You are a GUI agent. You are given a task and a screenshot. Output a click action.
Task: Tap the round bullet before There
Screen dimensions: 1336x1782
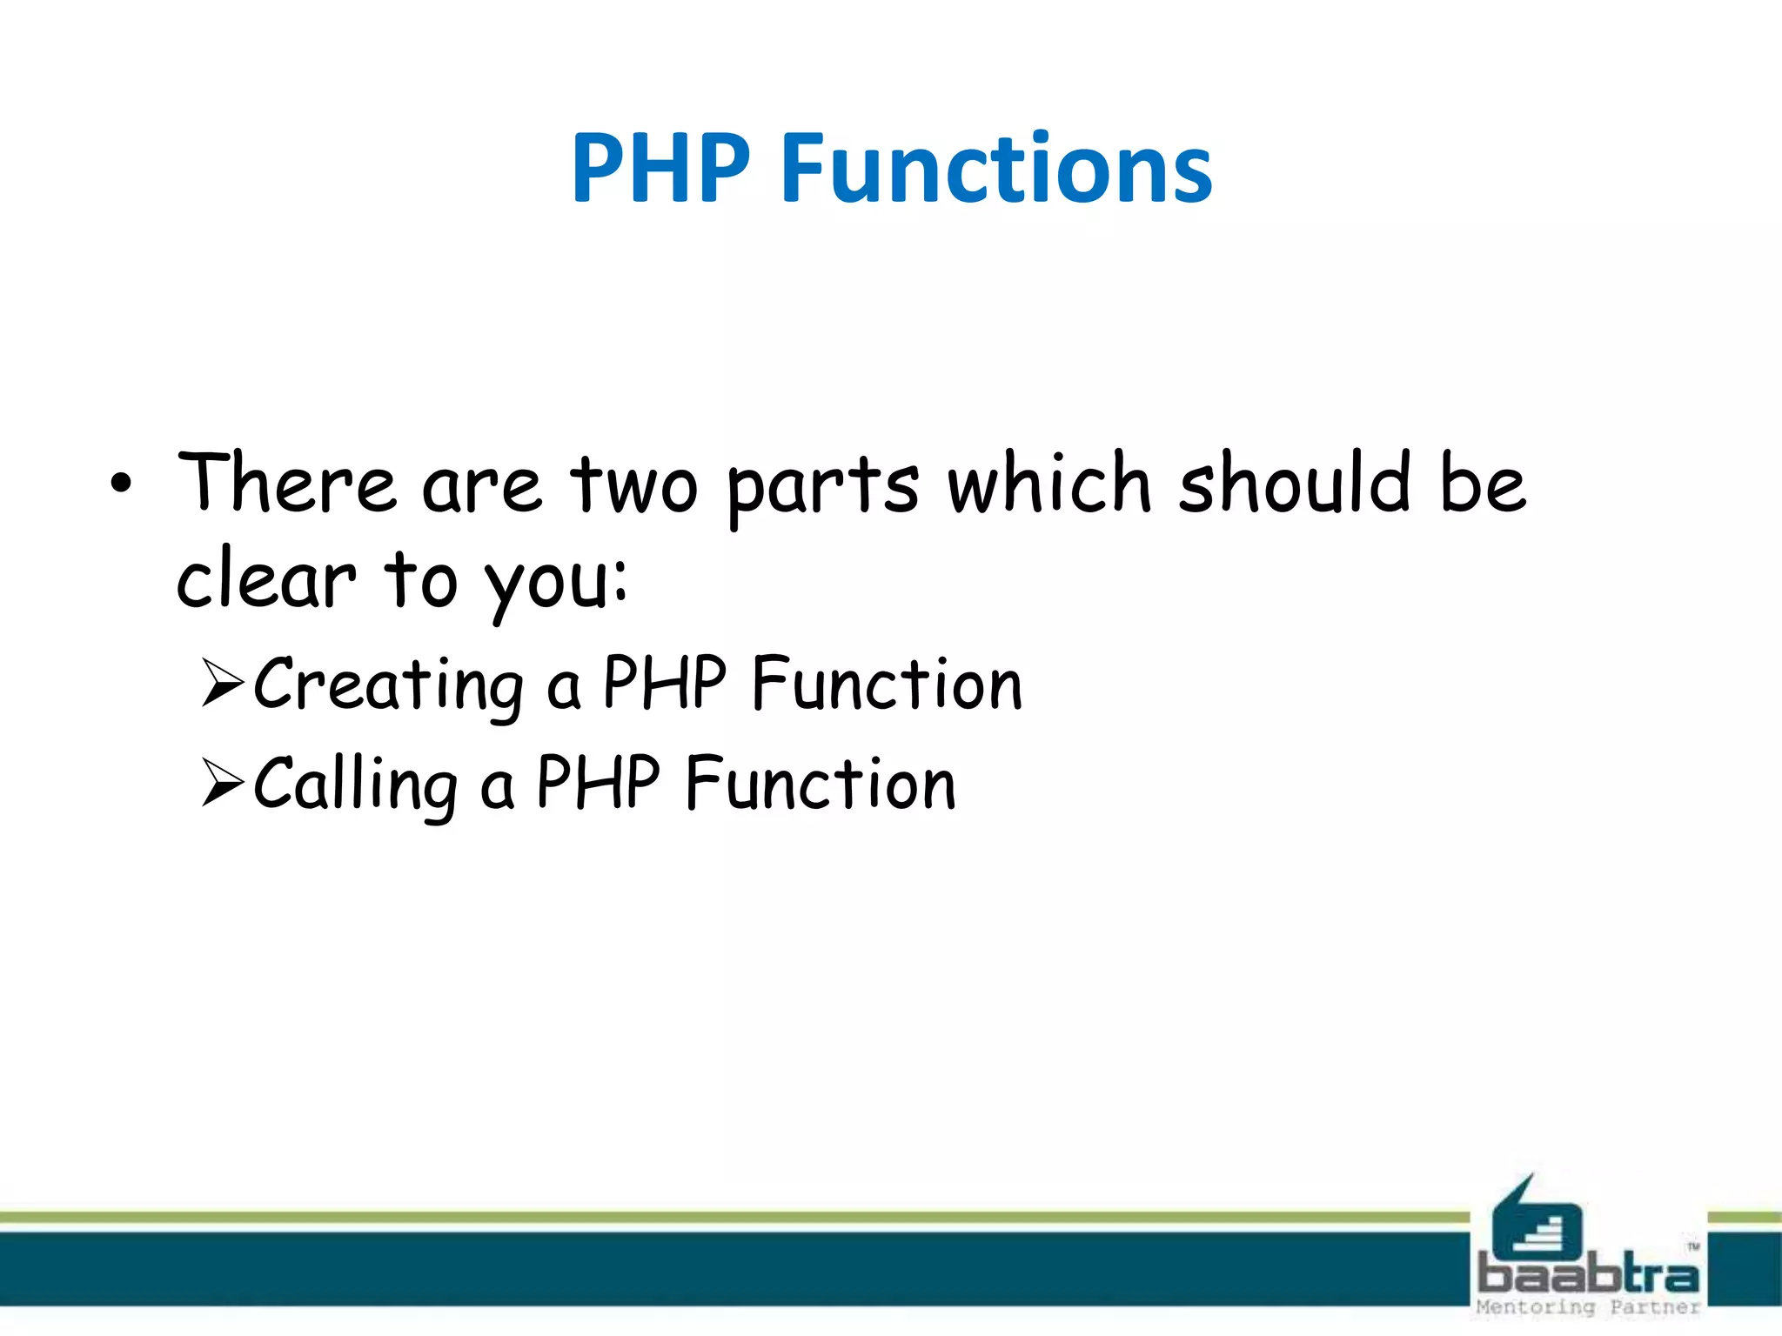pyautogui.click(x=121, y=484)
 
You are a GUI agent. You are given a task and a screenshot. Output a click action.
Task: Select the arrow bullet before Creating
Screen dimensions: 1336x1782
pyautogui.click(x=222, y=683)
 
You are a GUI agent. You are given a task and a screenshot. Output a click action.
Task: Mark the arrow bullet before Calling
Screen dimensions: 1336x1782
pyautogui.click(x=222, y=782)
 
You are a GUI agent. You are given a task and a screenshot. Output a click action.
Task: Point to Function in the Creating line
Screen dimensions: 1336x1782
pyautogui.click(x=887, y=684)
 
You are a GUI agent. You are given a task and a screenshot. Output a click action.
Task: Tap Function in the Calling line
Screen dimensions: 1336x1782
pyautogui.click(x=821, y=783)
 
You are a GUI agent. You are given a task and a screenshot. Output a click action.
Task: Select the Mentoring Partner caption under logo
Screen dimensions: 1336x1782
pyautogui.click(x=1588, y=1307)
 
